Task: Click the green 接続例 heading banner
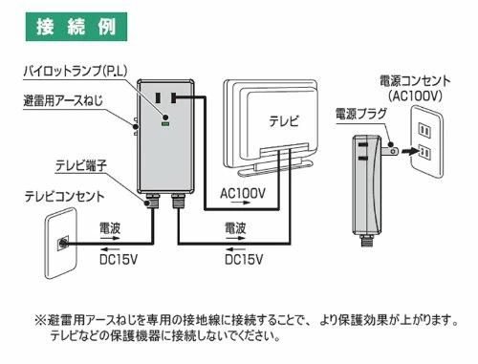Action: coord(76,27)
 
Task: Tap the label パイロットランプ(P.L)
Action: coord(76,71)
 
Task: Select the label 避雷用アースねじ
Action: coord(63,100)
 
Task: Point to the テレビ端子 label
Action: coord(81,166)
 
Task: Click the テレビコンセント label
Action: coord(64,197)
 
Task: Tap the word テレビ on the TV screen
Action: coord(284,121)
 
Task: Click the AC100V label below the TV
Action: coord(243,193)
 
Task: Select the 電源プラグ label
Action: coord(361,114)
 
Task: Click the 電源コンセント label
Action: coord(415,81)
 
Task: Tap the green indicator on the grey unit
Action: coord(165,124)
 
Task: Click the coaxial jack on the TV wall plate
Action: coord(63,244)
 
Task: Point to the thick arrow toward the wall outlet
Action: coord(409,151)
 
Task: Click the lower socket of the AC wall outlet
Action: coord(424,153)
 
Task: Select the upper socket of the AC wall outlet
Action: coord(424,131)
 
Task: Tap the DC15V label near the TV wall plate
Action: coord(119,260)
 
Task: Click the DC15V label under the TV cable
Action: coord(244,260)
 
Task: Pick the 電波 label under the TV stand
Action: coord(235,228)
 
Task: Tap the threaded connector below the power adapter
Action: coord(367,241)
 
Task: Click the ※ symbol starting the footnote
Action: coord(40,320)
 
